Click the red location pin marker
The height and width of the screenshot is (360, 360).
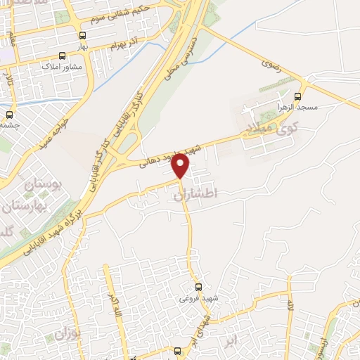181,165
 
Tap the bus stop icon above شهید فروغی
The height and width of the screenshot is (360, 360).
198,287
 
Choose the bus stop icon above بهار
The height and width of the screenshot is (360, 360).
83,35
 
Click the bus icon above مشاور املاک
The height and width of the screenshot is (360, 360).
63,56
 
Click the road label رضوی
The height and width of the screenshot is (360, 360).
271,61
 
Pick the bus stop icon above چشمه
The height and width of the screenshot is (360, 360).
9,114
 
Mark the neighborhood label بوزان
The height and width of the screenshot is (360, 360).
82,330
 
